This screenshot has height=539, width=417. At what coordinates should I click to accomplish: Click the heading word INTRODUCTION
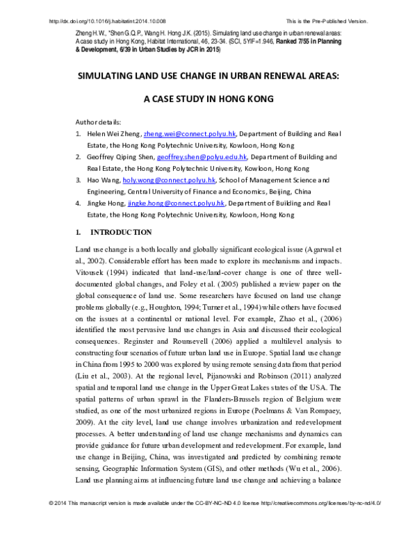coord(121,231)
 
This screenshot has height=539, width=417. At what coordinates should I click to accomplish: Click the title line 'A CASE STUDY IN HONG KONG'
coord(208,99)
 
